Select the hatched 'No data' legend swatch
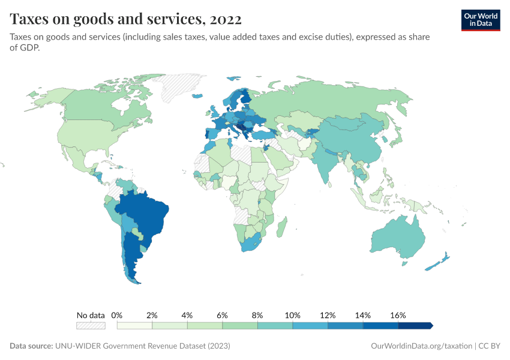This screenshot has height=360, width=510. [x=91, y=325]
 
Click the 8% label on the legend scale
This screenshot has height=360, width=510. [x=257, y=315]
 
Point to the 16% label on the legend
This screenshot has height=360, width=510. [x=398, y=315]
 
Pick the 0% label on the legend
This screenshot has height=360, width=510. [x=117, y=315]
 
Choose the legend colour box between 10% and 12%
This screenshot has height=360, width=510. [x=310, y=325]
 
